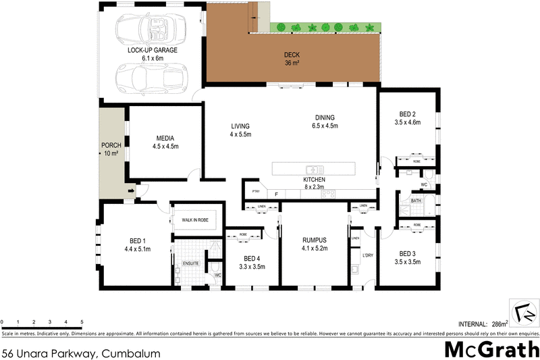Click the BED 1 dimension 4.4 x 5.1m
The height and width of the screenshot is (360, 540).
click(137, 249)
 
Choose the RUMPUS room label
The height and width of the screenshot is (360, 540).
click(315, 240)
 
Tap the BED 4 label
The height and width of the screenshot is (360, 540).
click(252, 259)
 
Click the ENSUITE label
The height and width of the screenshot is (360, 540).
click(192, 263)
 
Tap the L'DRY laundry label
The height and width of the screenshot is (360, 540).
click(368, 255)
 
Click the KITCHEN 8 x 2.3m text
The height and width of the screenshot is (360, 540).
click(315, 183)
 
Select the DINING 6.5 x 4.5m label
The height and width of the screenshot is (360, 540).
click(325, 122)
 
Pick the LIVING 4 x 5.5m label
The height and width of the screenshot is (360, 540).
click(241, 130)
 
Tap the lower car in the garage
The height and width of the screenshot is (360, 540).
click(149, 79)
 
